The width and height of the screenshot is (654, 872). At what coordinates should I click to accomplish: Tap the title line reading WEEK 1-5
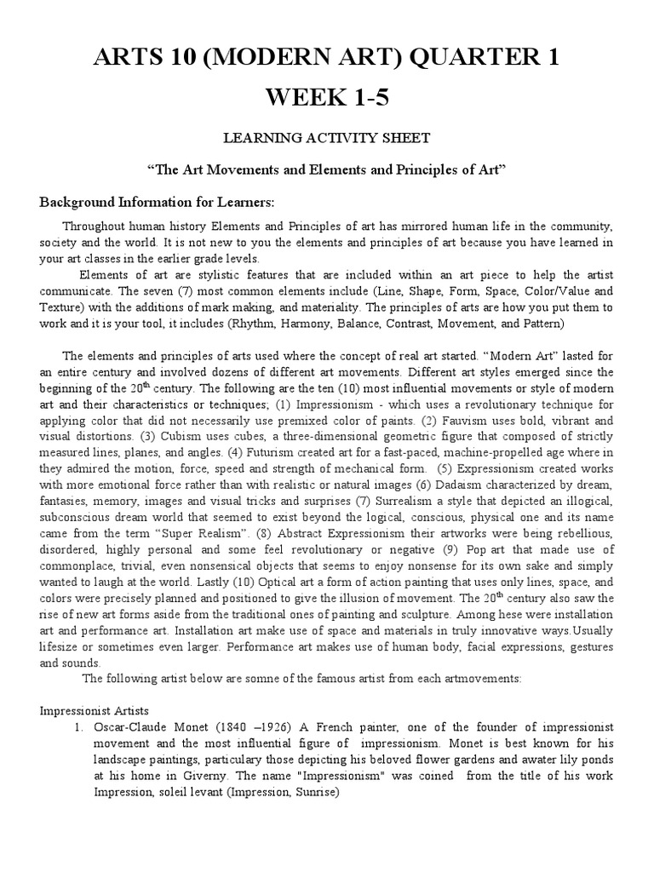[x=327, y=97]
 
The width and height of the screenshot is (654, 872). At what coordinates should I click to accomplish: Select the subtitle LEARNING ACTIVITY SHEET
[x=327, y=138]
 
